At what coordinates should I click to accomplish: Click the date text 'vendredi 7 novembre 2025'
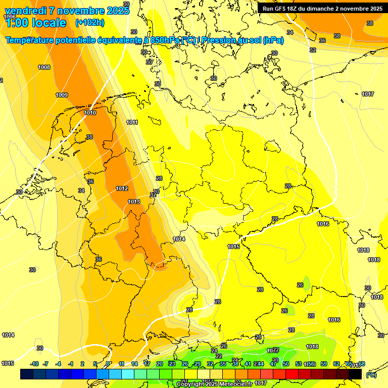pyautogui.click(x=63, y=11)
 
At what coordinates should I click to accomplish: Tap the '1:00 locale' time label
pyautogui.click(x=35, y=23)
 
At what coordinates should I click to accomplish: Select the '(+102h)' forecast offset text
pyautogui.click(x=90, y=23)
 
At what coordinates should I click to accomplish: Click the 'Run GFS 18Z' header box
pyautogui.click(x=322, y=9)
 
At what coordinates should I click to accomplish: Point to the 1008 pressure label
pyautogui.click(x=44, y=67)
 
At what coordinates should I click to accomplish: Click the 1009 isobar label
pyautogui.click(x=62, y=95)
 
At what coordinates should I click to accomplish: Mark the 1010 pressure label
pyautogui.click(x=90, y=113)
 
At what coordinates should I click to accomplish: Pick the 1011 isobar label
pyautogui.click(x=132, y=122)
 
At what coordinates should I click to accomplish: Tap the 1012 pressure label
pyautogui.click(x=122, y=188)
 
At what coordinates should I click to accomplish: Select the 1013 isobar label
pyautogui.click(x=134, y=202)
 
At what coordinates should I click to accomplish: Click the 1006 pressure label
pyautogui.click(x=9, y=17)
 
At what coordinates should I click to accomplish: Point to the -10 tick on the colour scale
pyautogui.click(x=34, y=364)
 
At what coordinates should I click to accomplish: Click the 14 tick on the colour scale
pyautogui.click(x=134, y=364)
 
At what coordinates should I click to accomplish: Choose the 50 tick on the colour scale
pyautogui.click(x=286, y=364)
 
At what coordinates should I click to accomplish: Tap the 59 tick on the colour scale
pyautogui.click(x=324, y=364)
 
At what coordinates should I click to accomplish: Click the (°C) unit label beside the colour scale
pyautogui.click(x=371, y=375)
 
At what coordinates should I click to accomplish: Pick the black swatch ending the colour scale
pyautogui.click(x=355, y=374)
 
